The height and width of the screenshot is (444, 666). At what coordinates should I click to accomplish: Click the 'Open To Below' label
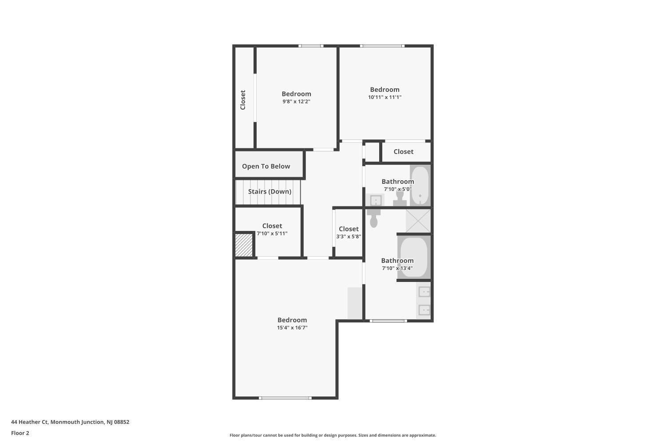(x=266, y=166)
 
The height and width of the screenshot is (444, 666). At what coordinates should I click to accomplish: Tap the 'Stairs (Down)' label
(x=270, y=191)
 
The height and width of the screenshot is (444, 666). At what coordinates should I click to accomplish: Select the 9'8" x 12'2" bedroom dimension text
(x=296, y=101)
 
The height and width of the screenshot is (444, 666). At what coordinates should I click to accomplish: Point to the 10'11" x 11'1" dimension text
(x=385, y=97)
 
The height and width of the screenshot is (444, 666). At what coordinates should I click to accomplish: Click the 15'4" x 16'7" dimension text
(x=292, y=327)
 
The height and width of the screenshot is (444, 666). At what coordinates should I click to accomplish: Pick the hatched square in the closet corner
(x=244, y=245)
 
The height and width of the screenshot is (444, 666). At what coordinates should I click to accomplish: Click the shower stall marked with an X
(x=418, y=221)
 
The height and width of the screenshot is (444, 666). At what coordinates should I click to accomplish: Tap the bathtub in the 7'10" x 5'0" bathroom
(x=420, y=185)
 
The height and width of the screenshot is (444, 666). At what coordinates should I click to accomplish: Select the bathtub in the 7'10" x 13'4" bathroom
(x=414, y=257)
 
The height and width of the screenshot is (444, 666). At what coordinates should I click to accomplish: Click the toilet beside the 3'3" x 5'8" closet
(x=374, y=218)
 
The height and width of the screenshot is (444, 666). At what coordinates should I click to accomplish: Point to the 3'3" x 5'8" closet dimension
(x=349, y=236)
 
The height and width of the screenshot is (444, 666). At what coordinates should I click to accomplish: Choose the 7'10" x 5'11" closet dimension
(x=272, y=234)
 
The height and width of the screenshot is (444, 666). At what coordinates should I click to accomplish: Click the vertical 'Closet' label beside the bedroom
(x=243, y=100)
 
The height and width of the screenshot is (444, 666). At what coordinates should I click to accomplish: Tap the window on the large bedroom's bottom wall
(x=285, y=398)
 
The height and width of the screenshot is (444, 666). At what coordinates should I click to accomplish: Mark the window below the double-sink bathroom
(x=388, y=321)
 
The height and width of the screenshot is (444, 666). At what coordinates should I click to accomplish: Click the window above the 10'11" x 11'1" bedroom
(x=382, y=46)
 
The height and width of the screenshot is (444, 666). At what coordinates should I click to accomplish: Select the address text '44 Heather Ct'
(x=29, y=422)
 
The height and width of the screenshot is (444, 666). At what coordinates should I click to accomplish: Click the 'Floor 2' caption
(x=20, y=433)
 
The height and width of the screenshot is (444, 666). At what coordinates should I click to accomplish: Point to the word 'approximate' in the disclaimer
(x=422, y=435)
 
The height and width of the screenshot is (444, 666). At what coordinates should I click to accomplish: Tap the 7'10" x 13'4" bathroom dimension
(x=397, y=268)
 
